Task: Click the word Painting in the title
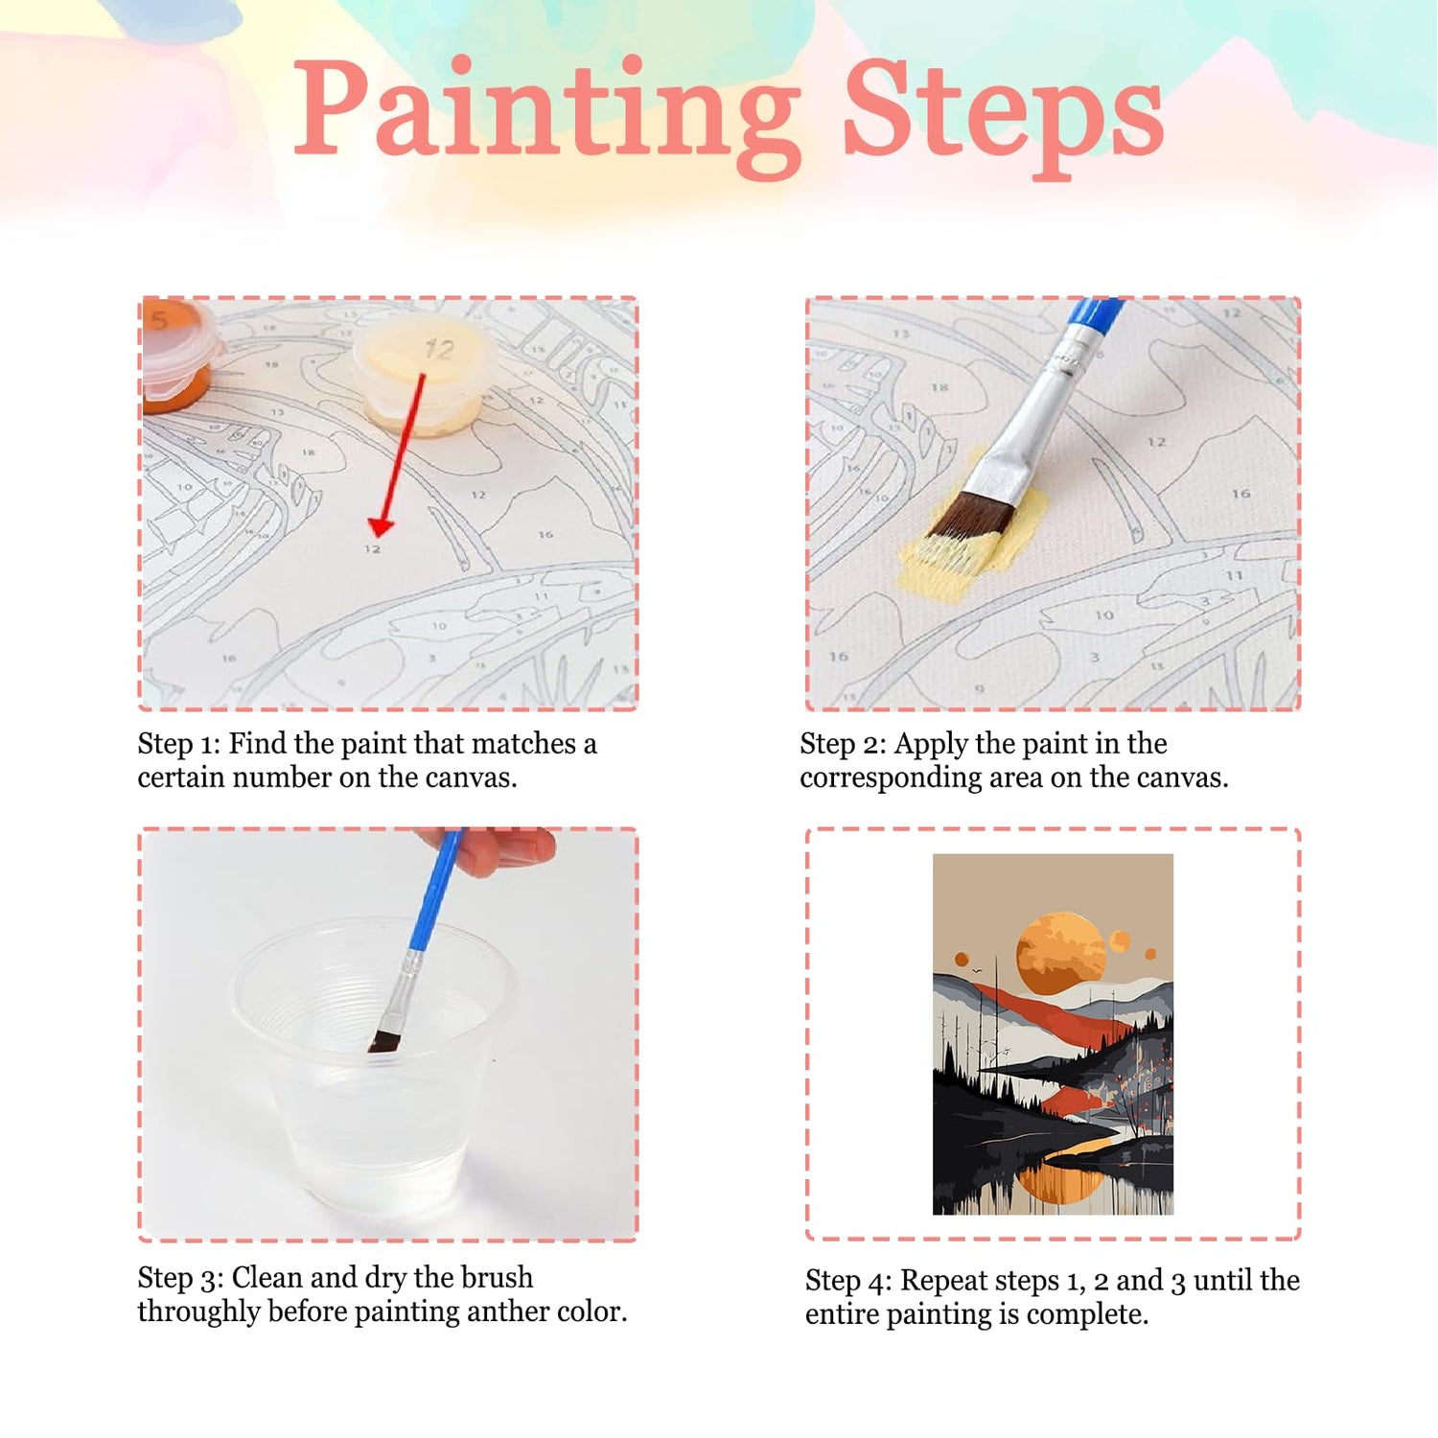547,114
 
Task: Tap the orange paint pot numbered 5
177,355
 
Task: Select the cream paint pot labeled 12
425,377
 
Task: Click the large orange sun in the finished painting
1061,953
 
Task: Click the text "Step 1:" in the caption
178,745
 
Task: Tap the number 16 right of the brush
1241,494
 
